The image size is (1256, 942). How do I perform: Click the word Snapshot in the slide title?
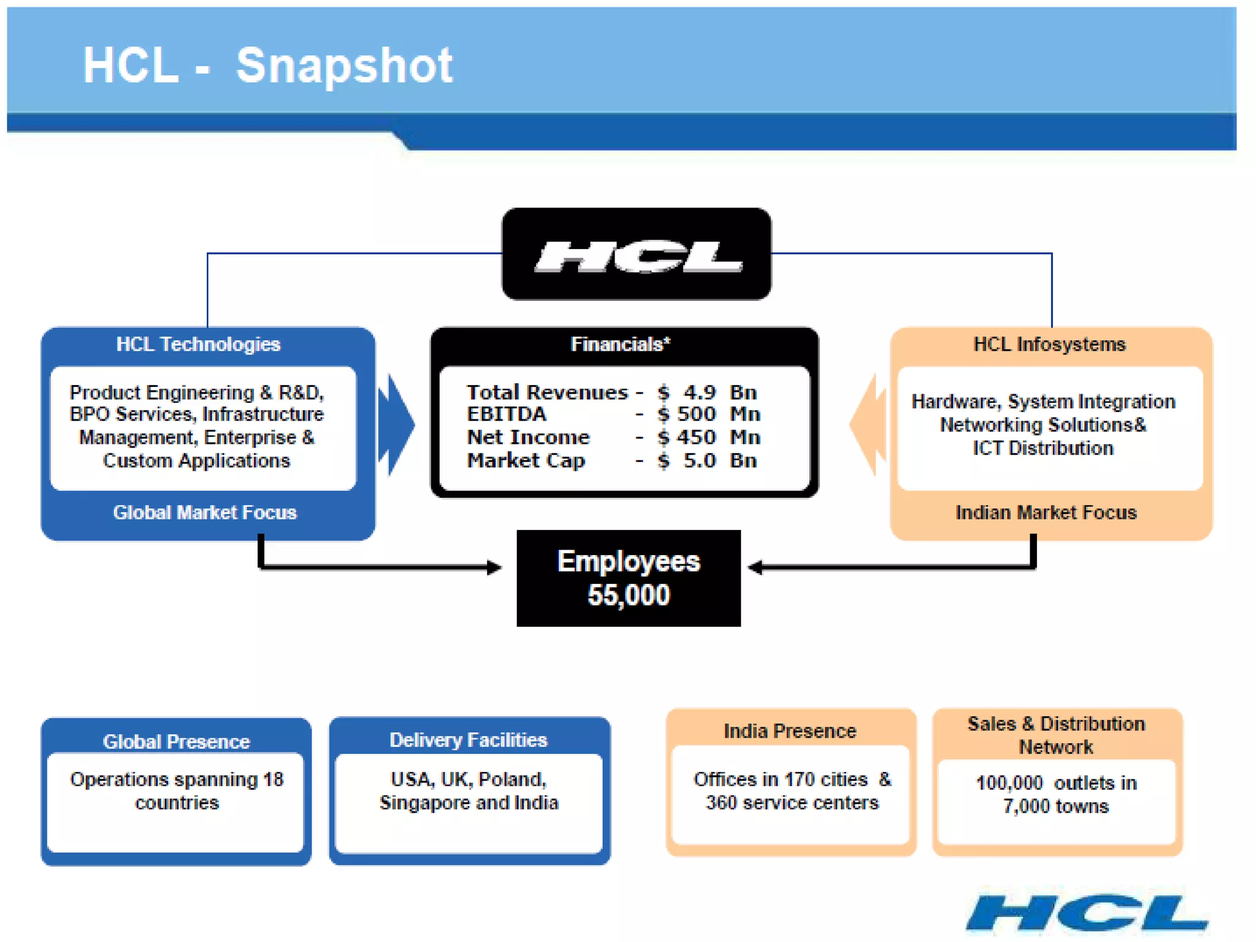point(344,66)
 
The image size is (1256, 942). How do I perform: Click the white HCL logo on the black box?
point(638,256)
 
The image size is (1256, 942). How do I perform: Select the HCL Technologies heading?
point(198,345)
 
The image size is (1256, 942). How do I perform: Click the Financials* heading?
point(621,345)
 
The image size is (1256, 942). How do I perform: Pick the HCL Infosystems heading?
point(1049,345)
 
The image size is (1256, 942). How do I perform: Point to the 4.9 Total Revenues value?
point(700,392)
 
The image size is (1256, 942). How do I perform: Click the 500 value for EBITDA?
point(696,415)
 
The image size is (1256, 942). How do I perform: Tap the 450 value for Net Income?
point(696,437)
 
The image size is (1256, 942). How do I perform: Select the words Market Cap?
point(526,461)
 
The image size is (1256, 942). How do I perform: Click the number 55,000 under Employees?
point(629,595)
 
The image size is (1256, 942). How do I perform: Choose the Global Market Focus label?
point(205,513)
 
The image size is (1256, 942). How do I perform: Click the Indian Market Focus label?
point(1046,513)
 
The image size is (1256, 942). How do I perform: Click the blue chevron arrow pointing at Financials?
point(397,424)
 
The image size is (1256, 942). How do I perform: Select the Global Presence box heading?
point(176,742)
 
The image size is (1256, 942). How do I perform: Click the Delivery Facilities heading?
point(469,740)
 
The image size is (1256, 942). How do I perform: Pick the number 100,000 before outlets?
point(1009,783)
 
